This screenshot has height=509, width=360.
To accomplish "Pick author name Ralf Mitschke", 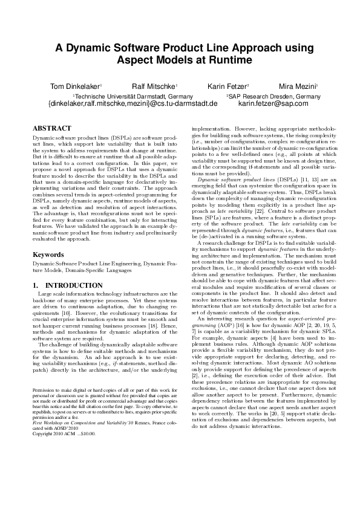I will pos(154,86).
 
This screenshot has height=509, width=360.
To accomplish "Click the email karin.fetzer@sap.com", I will pos(273,103).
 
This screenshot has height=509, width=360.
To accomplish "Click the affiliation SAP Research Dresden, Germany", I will pos(274,96).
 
